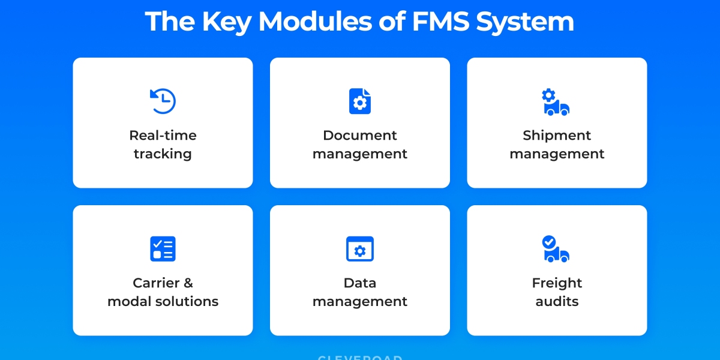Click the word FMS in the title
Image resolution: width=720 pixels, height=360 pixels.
(441, 22)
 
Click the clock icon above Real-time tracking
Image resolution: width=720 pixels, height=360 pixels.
(163, 101)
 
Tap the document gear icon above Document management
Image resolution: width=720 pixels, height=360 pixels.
(360, 101)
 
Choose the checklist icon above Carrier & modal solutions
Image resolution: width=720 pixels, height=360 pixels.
(163, 249)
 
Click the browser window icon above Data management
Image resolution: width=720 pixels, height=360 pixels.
(360, 249)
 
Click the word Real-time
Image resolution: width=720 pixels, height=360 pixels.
(163, 136)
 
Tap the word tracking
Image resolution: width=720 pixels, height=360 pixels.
(163, 154)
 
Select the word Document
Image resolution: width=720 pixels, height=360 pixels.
(360, 136)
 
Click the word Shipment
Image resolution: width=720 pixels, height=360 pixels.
(557, 136)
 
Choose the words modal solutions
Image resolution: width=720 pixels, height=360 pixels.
(163, 301)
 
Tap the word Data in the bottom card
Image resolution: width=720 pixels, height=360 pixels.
(360, 283)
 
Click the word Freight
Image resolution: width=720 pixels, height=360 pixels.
(557, 283)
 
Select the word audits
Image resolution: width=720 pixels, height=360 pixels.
(557, 301)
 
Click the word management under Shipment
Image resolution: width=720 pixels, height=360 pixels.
(557, 154)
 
